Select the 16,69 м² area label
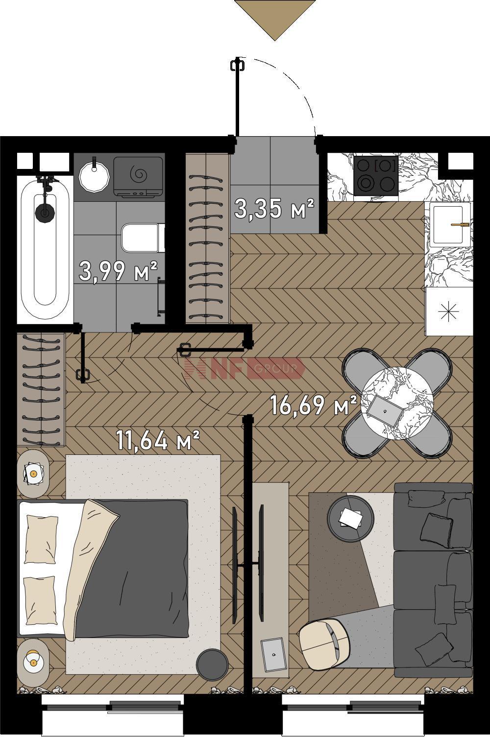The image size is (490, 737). [x=314, y=405]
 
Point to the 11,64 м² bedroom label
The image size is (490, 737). [x=158, y=441]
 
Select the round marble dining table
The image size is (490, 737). [x=397, y=403]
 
